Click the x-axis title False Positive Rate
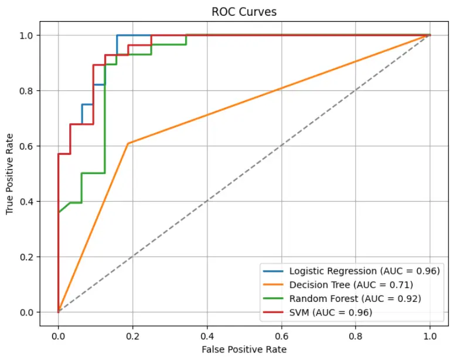[x=244, y=349]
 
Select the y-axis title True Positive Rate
[x=11, y=174]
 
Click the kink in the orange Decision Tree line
[x=128, y=143]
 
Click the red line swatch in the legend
[x=275, y=313]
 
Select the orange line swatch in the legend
[x=275, y=285]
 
